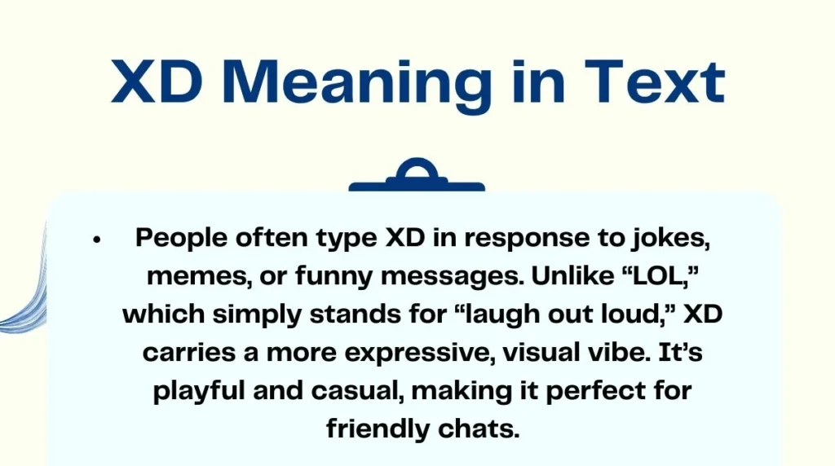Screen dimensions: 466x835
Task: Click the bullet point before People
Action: click(x=96, y=240)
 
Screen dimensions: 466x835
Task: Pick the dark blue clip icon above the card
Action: click(x=417, y=176)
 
